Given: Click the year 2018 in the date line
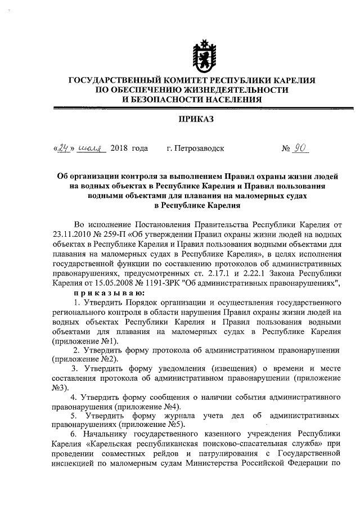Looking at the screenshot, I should coord(120,148).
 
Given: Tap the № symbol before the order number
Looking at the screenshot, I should coord(286,148).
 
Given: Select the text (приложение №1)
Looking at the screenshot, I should coord(85,341).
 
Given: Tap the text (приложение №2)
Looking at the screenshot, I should coord(85,359).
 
